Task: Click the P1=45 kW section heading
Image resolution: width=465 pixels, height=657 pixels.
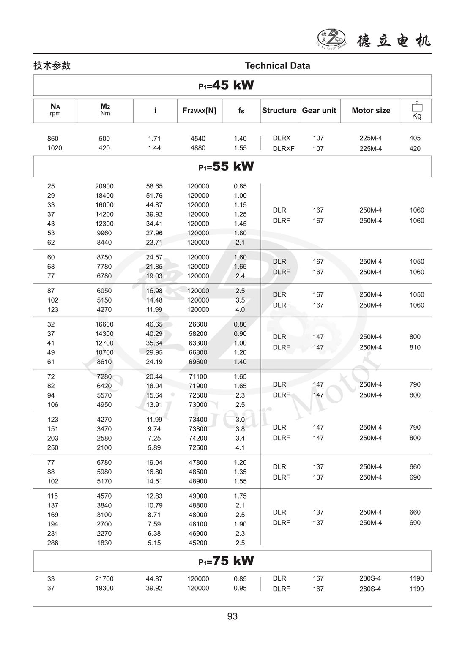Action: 227,85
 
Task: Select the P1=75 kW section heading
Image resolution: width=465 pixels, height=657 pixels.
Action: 227,561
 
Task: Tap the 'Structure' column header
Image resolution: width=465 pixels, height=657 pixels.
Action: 279,110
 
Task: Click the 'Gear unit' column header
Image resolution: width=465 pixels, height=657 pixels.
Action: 319,110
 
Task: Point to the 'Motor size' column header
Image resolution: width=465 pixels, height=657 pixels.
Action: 371,110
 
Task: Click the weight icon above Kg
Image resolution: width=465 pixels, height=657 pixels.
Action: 417,106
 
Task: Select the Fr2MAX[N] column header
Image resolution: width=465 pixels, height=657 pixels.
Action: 199,110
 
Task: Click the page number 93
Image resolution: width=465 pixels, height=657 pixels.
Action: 232,616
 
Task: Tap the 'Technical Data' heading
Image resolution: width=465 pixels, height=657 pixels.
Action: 277,65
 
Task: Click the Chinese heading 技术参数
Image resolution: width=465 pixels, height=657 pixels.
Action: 52,65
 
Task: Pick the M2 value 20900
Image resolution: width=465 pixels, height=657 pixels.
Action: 104,186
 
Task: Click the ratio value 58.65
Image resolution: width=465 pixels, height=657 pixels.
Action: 154,186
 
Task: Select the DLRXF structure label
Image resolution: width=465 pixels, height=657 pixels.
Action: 284,149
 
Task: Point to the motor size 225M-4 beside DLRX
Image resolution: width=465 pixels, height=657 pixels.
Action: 371,138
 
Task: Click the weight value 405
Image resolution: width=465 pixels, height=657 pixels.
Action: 415,138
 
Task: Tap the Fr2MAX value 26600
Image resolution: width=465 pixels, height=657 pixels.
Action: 198,324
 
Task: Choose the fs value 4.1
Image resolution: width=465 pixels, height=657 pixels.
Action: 240,447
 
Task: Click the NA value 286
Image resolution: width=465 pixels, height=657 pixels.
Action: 53,543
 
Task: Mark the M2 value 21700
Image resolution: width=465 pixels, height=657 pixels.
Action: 104,579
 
